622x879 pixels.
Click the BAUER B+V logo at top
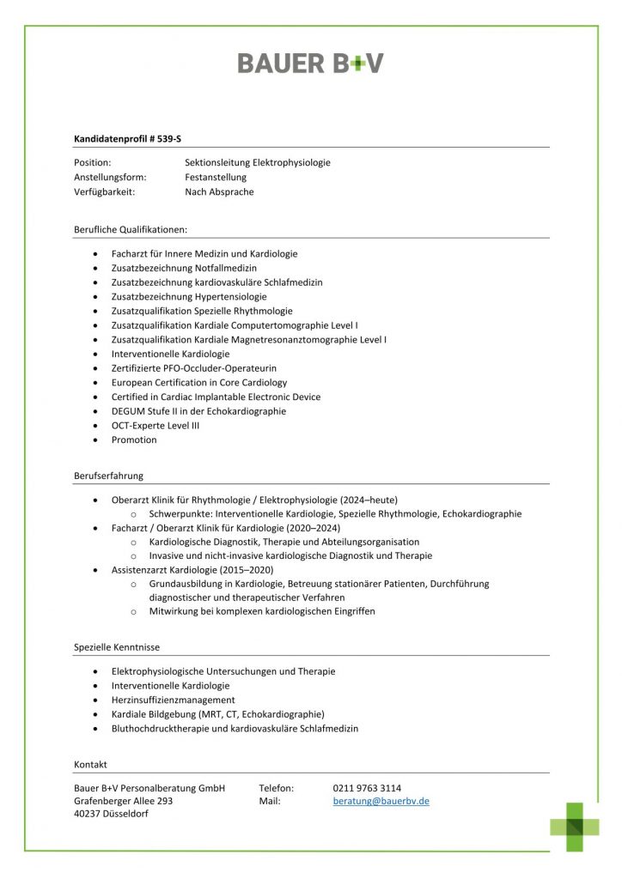point(310,63)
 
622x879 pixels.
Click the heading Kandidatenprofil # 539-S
point(127,137)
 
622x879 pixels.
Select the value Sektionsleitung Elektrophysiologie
point(257,162)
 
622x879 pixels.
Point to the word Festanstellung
point(216,177)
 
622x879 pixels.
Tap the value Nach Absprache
point(219,192)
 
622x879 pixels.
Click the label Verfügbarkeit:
point(105,192)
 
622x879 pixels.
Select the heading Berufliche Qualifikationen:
point(131,229)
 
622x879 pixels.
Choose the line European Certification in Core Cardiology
point(199,382)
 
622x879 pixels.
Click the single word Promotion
point(134,439)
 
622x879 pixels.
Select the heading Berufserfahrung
point(108,476)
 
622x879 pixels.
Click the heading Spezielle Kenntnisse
point(117,647)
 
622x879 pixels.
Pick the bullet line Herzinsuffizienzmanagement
point(173,700)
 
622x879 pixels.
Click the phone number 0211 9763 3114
point(367,788)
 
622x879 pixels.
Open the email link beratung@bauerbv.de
point(381,801)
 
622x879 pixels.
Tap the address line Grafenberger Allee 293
point(124,801)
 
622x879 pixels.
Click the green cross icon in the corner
point(575,827)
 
